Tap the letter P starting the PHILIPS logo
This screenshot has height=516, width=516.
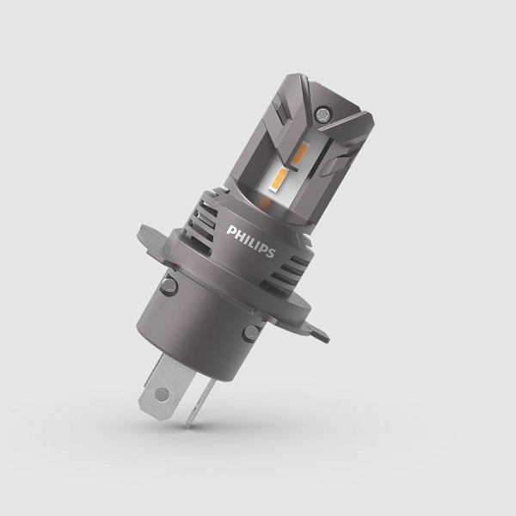(231, 229)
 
